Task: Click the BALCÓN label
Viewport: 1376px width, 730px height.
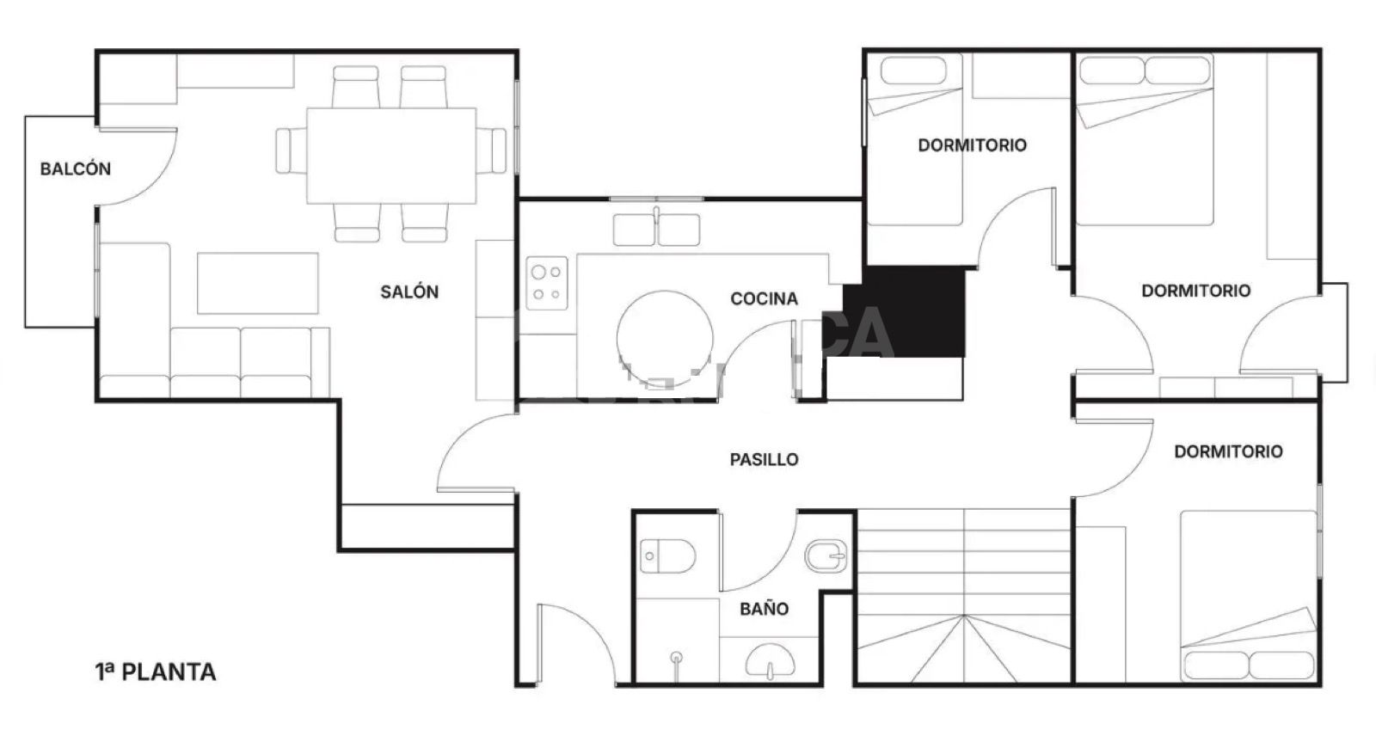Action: (76, 169)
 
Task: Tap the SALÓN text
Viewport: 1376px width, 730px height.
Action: (409, 292)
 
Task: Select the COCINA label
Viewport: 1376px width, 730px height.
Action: (764, 299)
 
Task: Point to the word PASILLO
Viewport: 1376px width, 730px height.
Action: (764, 460)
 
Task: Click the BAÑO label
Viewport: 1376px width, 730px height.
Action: (764, 609)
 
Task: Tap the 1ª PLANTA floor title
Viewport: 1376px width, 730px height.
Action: (156, 672)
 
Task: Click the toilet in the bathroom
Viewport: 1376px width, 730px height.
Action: (667, 556)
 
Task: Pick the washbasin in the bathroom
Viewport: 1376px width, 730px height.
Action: (770, 662)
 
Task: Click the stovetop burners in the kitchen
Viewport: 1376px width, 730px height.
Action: (548, 283)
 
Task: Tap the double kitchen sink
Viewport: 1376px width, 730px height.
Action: (656, 230)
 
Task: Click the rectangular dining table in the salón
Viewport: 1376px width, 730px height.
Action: (391, 155)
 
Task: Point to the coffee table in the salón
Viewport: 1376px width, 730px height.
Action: (258, 283)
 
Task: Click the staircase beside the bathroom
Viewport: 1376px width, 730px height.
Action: (964, 598)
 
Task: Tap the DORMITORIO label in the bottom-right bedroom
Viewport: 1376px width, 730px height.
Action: (1228, 451)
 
